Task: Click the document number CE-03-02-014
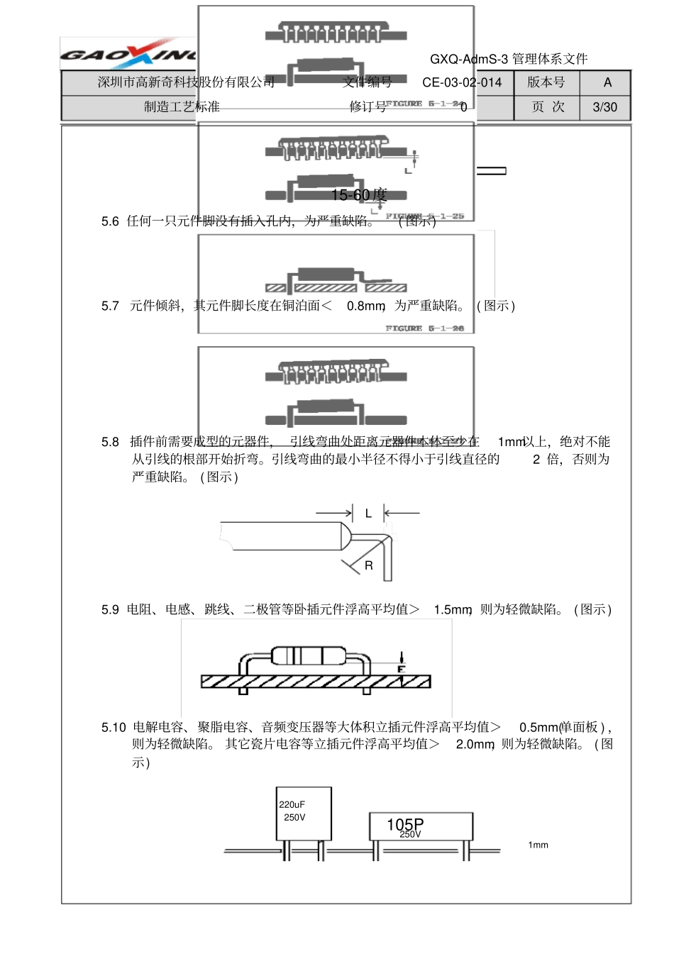[462, 82]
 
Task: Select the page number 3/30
[604, 107]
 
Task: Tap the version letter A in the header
[607, 82]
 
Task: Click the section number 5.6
[110, 221]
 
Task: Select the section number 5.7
[110, 306]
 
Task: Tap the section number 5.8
[110, 442]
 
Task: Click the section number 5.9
[110, 609]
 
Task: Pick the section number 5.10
[114, 727]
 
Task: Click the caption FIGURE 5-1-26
[424, 328]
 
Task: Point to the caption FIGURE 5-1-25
[424, 216]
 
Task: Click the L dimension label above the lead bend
[368, 513]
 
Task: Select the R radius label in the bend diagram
[369, 565]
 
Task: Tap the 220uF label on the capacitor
[292, 804]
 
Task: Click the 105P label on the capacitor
[405, 824]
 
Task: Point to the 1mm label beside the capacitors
[538, 845]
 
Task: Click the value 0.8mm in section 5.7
[365, 306]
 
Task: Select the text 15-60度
[359, 195]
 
